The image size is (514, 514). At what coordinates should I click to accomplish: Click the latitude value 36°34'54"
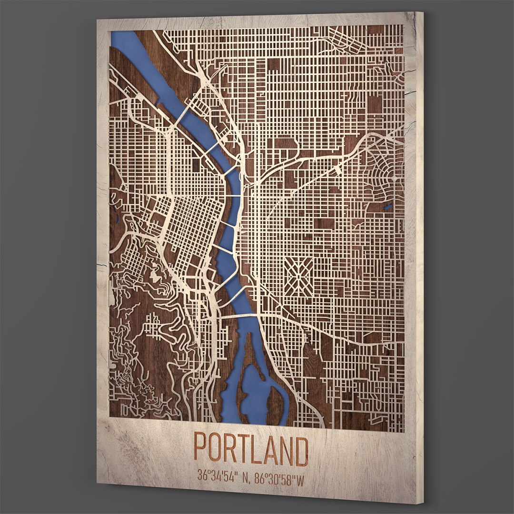point(218,474)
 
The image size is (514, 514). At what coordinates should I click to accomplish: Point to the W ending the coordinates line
point(300,478)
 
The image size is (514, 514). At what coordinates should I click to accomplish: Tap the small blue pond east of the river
point(387,207)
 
